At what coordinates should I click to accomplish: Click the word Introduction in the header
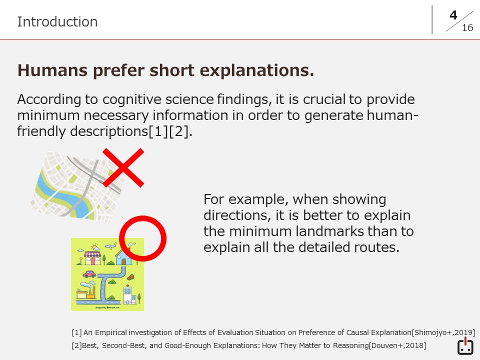coord(57,21)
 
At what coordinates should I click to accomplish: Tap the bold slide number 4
coord(453,15)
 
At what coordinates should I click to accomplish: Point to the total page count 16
coord(467,28)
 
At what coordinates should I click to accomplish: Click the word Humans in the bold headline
coord(52,70)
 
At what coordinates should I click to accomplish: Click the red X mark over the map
coord(123,168)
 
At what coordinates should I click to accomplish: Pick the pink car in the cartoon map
coord(89,273)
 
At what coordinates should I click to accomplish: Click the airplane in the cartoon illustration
coord(110,245)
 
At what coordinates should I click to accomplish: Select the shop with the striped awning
coord(92,258)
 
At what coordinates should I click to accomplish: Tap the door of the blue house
coord(123,261)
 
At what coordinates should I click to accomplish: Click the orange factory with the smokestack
coord(86,292)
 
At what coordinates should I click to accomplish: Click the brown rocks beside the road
coord(130,277)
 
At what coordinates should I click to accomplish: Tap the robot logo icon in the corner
coord(465,346)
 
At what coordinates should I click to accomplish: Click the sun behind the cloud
coord(94,246)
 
